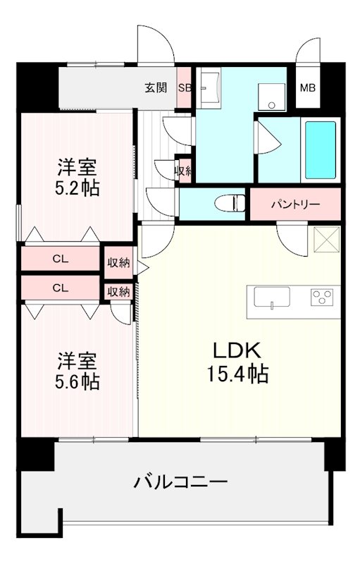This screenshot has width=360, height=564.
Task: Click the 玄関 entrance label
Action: pyautogui.click(x=156, y=88)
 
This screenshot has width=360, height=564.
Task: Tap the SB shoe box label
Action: pyautogui.click(x=185, y=88)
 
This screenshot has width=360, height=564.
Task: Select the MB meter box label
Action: pyautogui.click(x=308, y=88)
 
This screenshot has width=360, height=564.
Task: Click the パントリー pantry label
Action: pyautogui.click(x=295, y=205)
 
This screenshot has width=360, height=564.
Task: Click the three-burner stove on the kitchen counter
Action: pyautogui.click(x=323, y=298)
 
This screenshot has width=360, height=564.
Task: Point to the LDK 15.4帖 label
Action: pyautogui.click(x=238, y=362)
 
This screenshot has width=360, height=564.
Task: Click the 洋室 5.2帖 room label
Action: pyautogui.click(x=77, y=178)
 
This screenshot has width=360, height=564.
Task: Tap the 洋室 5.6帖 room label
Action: pyautogui.click(x=77, y=372)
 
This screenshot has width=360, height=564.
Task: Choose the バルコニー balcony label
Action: pyautogui.click(x=181, y=483)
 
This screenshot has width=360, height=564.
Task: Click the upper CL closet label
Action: pyautogui.click(x=61, y=259)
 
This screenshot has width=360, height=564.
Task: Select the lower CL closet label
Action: pyautogui.click(x=61, y=288)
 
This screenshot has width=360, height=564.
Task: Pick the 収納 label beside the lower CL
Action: pyautogui.click(x=118, y=291)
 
